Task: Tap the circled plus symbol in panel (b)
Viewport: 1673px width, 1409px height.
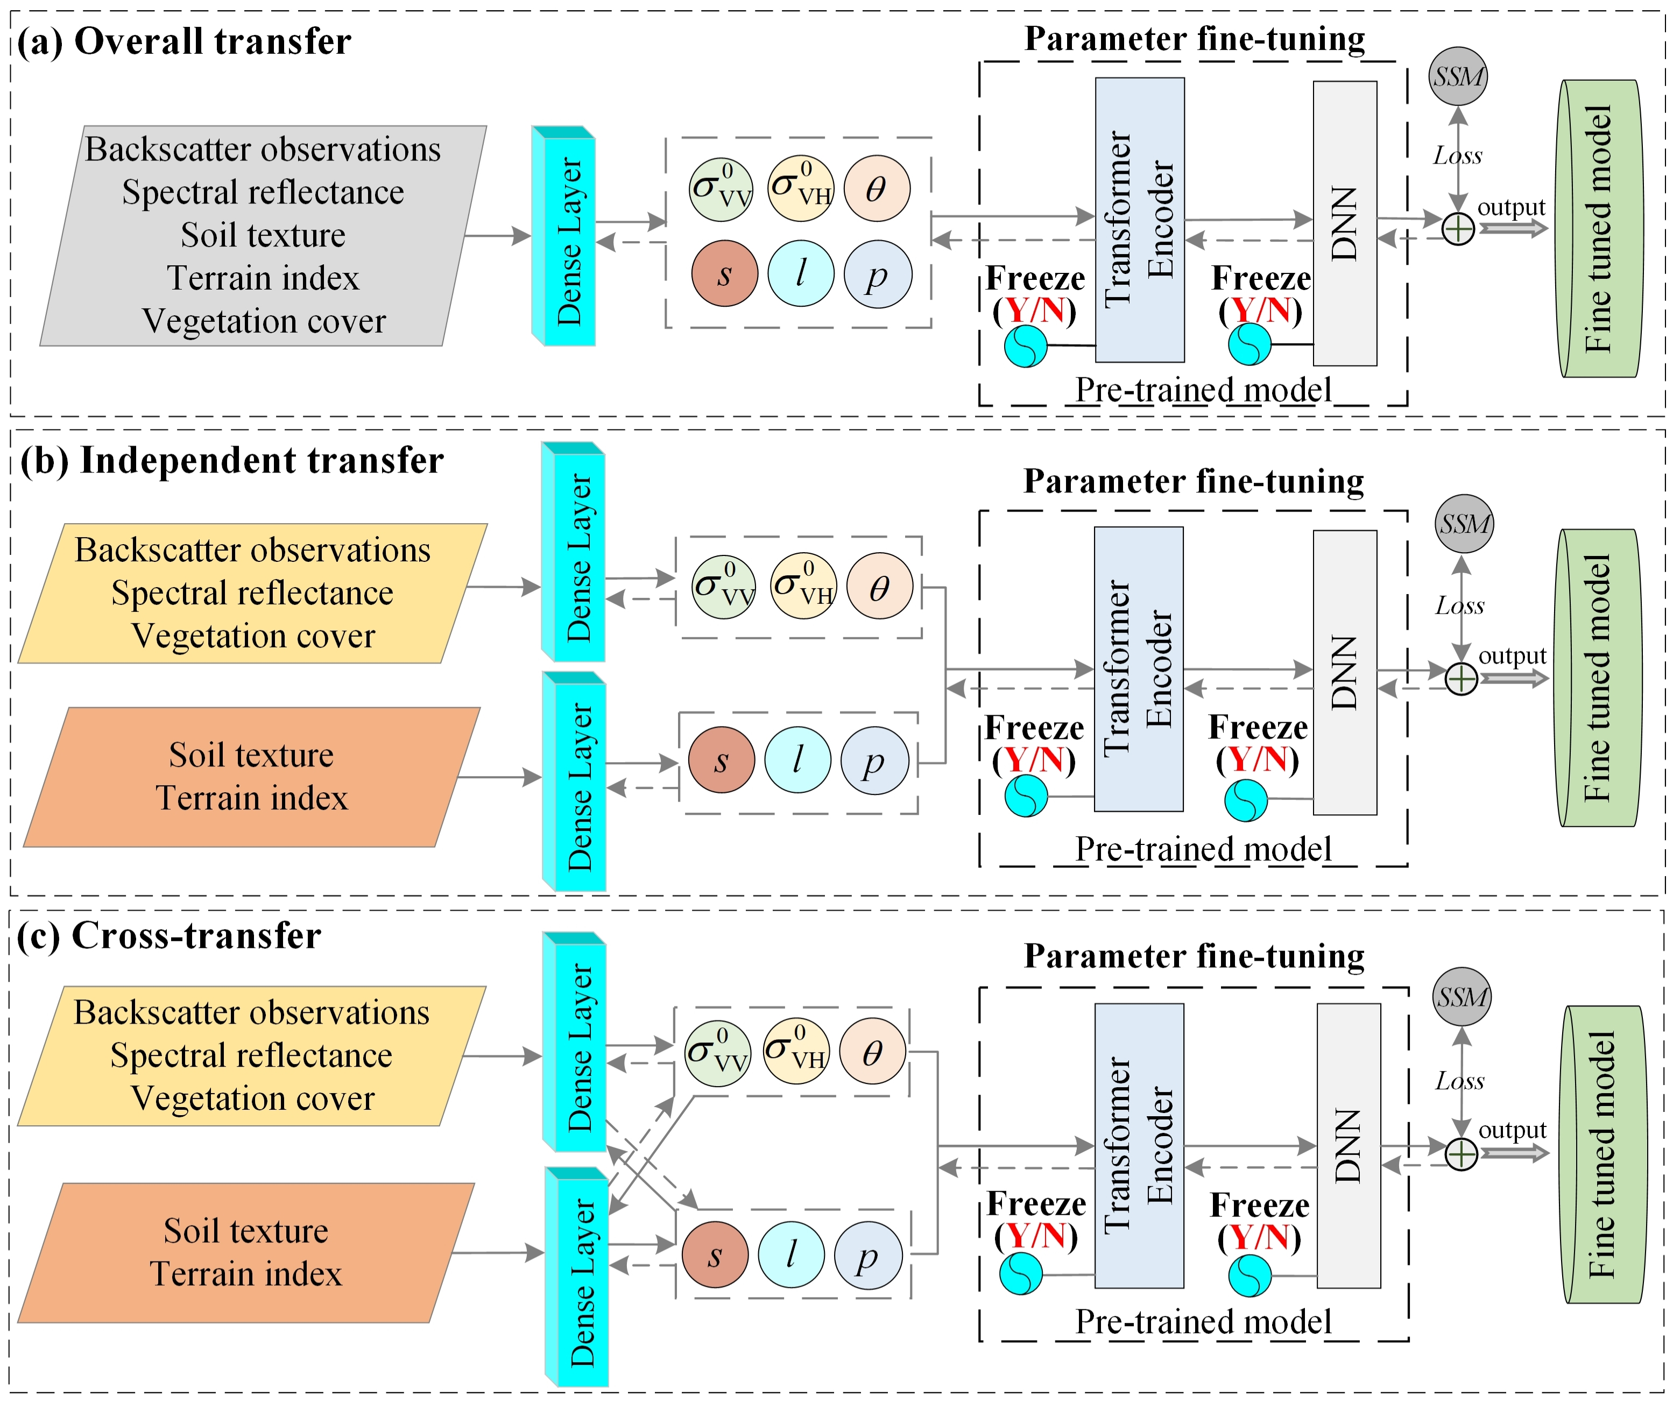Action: point(1462,679)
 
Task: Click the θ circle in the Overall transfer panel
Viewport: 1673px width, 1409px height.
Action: point(877,188)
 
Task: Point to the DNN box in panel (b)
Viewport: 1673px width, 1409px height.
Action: point(1345,673)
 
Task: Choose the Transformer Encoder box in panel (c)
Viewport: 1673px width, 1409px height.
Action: point(1139,1145)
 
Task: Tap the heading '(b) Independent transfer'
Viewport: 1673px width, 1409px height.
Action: point(231,461)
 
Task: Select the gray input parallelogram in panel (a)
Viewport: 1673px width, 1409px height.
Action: point(264,236)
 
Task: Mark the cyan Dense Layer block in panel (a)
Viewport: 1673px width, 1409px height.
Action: point(564,236)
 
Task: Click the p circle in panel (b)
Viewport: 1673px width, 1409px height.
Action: point(874,759)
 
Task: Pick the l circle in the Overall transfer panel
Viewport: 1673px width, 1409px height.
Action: point(801,274)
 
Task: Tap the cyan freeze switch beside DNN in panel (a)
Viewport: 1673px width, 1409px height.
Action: point(1249,344)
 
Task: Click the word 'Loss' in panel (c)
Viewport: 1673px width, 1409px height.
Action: point(1460,1081)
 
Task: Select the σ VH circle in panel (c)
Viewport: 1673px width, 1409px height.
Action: point(796,1051)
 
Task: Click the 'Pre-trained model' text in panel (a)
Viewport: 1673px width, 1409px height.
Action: point(1203,390)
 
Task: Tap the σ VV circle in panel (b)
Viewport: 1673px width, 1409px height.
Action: point(724,587)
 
